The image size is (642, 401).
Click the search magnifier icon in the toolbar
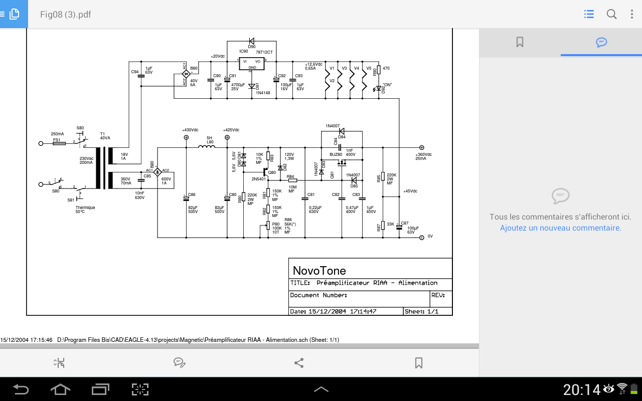tap(611, 14)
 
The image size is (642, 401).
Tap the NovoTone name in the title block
tap(319, 271)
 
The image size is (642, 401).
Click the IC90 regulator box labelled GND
tap(252, 64)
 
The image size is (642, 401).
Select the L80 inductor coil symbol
tap(206, 146)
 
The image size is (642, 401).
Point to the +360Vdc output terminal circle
tap(421, 147)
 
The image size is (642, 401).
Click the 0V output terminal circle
tap(421, 237)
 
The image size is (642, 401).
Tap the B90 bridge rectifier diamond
tap(186, 74)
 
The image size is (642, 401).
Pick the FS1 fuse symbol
tap(59, 143)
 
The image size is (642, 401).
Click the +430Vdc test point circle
tap(186, 137)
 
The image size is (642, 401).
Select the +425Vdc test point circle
tap(227, 137)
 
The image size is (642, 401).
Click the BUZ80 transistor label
tap(336, 154)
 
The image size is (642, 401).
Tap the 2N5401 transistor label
tap(258, 178)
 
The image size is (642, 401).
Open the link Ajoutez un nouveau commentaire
tap(560, 228)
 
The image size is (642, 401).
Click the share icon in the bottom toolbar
tap(299, 363)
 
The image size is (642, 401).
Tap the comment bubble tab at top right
tap(601, 42)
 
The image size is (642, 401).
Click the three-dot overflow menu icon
tap(632, 14)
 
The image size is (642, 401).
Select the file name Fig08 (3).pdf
tap(66, 14)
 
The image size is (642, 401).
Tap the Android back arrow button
tap(21, 389)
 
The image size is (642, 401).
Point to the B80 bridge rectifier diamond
tap(157, 171)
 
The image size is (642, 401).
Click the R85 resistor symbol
tap(383, 176)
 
